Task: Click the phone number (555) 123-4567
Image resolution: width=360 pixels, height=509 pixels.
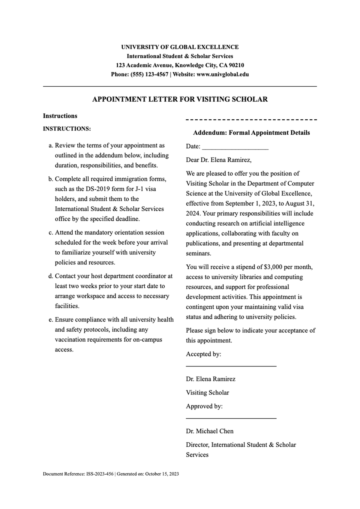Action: (x=149, y=74)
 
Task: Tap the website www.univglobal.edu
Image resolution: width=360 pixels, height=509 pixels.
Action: (x=223, y=74)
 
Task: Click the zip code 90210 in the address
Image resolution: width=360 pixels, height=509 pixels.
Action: (x=236, y=65)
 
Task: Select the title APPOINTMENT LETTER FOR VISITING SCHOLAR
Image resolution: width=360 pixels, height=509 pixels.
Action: (x=180, y=99)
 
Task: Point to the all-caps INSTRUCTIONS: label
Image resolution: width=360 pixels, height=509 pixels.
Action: (x=67, y=129)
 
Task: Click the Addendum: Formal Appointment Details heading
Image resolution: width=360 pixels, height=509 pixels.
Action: (x=251, y=133)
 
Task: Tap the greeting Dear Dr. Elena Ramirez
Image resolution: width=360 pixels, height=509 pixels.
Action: (x=219, y=160)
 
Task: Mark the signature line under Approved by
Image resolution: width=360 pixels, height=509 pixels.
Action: (x=231, y=418)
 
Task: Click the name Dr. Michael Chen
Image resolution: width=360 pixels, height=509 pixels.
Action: (x=210, y=431)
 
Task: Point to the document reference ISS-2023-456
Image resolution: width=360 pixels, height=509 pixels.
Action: (x=100, y=474)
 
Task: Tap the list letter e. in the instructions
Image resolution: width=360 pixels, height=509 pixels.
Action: (x=51, y=320)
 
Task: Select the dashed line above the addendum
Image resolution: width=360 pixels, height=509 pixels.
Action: (x=251, y=120)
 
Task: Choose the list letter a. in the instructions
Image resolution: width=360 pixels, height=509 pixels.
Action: (x=51, y=145)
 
